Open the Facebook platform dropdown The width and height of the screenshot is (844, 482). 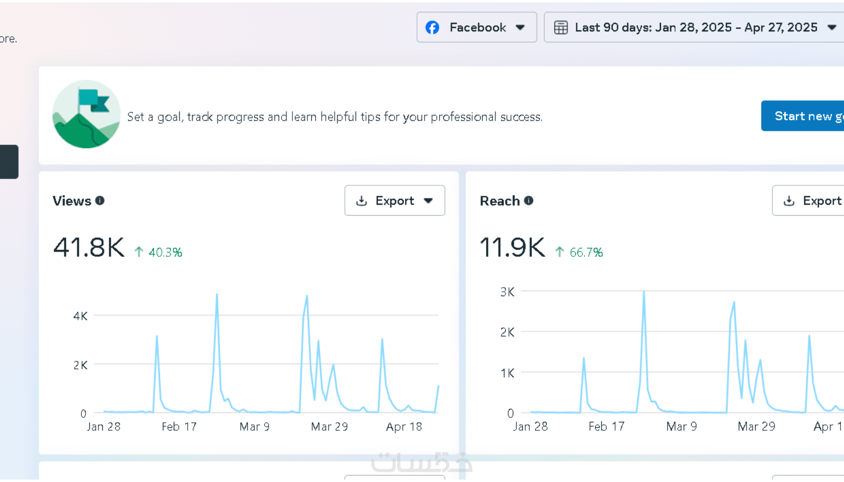click(477, 27)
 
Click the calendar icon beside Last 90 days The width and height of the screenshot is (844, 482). click(561, 27)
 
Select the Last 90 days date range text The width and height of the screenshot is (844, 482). click(696, 27)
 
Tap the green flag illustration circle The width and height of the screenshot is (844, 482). click(86, 114)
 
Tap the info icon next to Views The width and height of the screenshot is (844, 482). click(100, 201)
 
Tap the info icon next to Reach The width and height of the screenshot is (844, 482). click(529, 201)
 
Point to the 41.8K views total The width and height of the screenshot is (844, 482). click(89, 247)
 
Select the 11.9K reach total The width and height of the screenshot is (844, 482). click(512, 247)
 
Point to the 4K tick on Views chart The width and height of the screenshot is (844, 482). click(80, 316)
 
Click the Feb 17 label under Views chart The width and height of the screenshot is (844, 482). click(179, 427)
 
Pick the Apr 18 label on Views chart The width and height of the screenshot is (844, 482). click(404, 427)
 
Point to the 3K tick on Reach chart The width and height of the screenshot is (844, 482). click(507, 292)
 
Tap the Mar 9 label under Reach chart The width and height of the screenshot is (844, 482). click(682, 427)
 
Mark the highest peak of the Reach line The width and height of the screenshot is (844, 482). click(644, 292)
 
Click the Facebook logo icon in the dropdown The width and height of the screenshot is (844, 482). click(432, 27)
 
